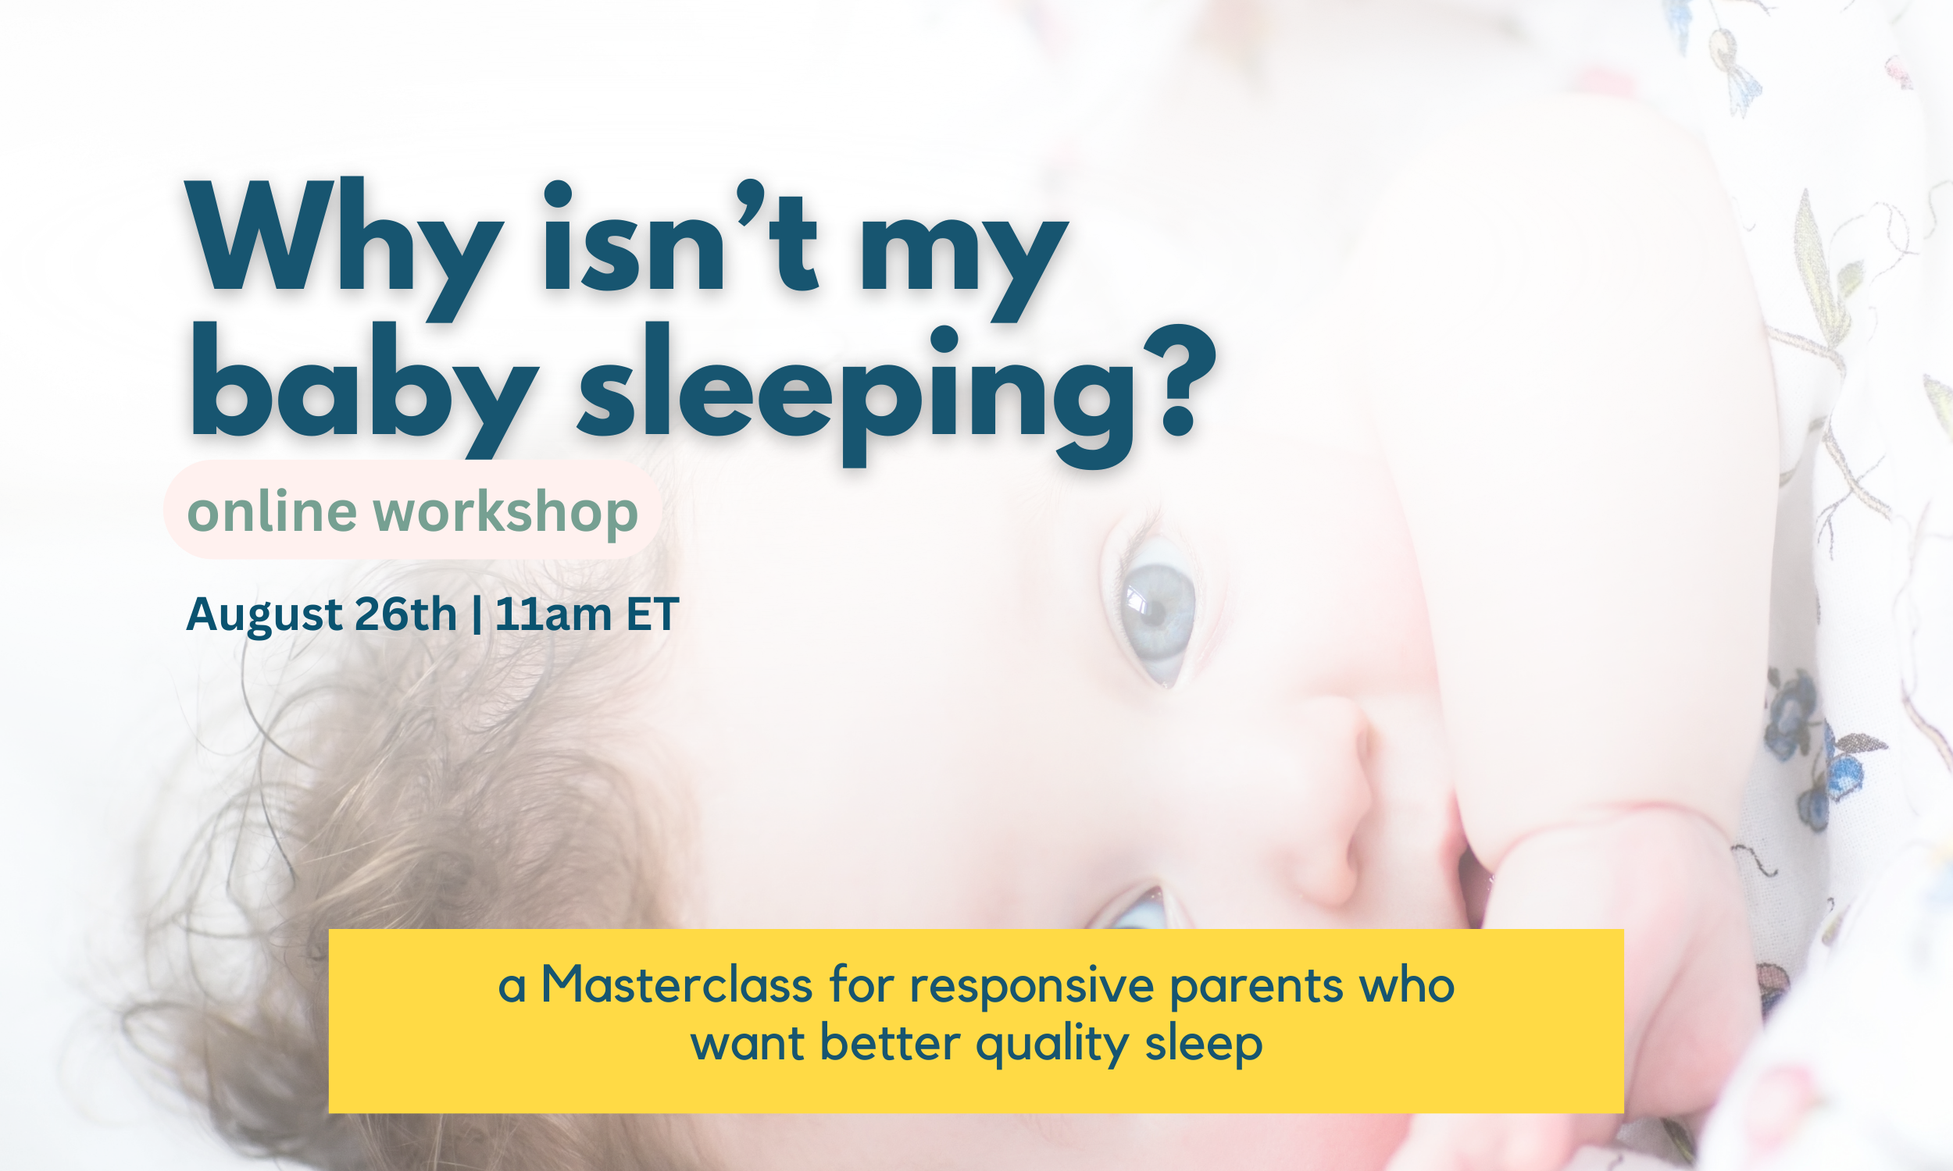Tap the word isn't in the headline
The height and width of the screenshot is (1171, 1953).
[679, 237]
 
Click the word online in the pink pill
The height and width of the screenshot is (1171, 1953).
[273, 511]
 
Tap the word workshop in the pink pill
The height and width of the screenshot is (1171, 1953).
[505, 511]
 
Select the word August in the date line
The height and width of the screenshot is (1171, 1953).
[265, 614]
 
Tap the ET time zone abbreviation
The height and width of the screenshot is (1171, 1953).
[652, 613]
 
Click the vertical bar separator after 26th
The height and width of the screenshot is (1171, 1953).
[476, 614]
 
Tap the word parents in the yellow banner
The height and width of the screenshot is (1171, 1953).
[1256, 986]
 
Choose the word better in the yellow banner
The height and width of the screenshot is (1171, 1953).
[890, 1043]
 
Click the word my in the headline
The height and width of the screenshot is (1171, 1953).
[963, 252]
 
